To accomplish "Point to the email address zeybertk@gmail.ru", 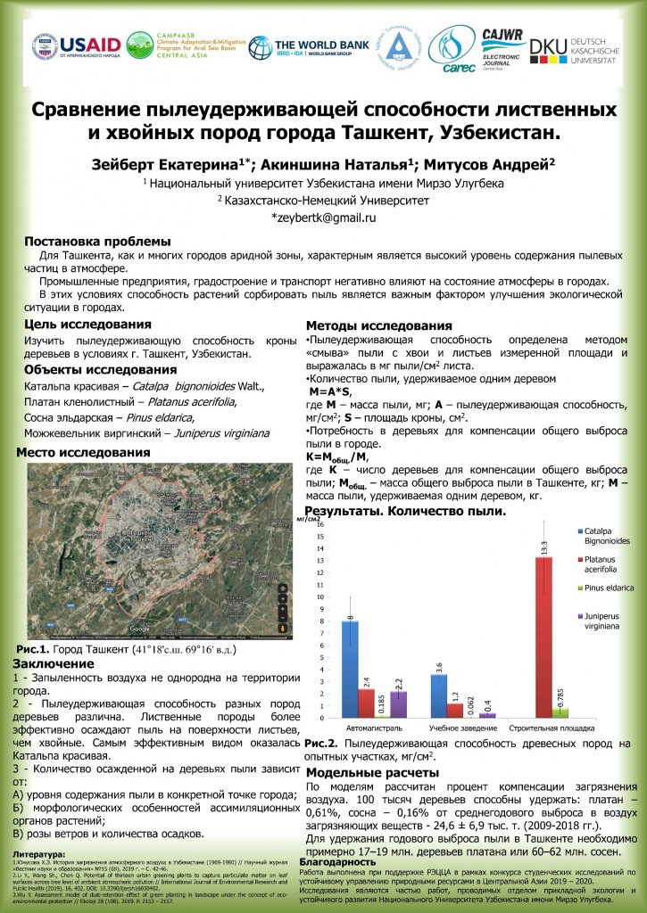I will (x=323, y=217).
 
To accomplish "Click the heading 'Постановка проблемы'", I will (x=96, y=242).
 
